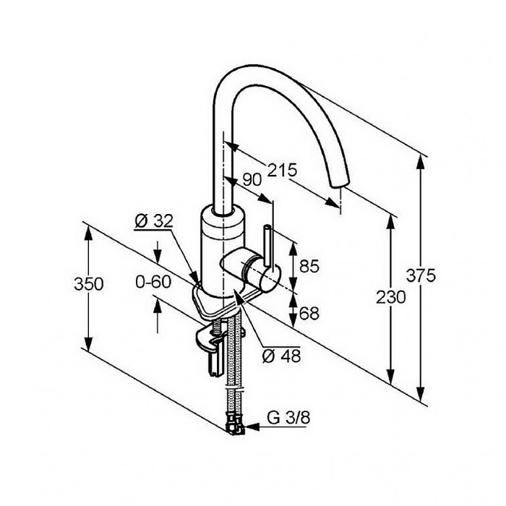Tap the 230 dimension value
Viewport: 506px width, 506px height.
click(x=390, y=298)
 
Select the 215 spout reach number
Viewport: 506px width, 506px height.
click(x=282, y=170)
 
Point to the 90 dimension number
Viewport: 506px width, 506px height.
click(x=252, y=180)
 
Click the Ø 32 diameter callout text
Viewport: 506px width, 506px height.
click(x=154, y=220)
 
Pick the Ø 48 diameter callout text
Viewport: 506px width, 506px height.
click(x=281, y=356)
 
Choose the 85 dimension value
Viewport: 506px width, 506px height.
click(x=309, y=266)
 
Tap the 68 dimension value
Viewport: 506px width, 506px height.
click(x=309, y=313)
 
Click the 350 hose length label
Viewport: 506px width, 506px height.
click(x=89, y=284)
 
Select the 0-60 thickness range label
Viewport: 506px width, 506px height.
click(x=153, y=282)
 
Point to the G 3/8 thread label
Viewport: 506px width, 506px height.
click(x=288, y=418)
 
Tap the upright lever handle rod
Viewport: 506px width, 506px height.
click(x=268, y=246)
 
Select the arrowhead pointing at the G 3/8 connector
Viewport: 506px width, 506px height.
click(x=252, y=427)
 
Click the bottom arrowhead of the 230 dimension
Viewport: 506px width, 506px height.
click(x=391, y=377)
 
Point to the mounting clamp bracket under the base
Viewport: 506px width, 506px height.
click(x=210, y=339)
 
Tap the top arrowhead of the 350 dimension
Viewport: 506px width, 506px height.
click(x=88, y=232)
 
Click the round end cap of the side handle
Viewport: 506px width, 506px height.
click(x=270, y=281)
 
